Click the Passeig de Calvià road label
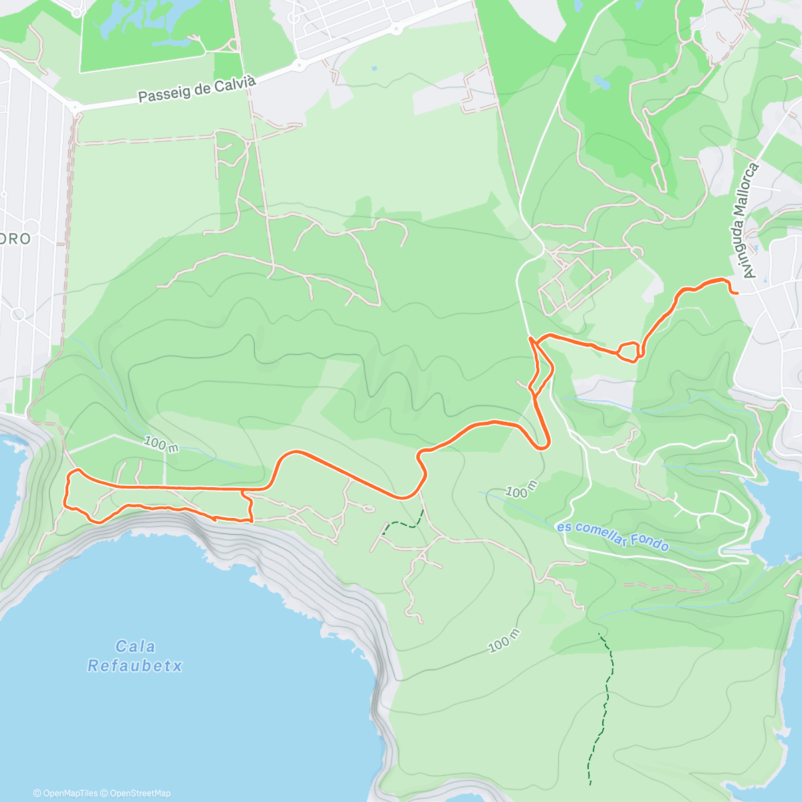pos(196,90)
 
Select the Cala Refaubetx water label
pos(135,656)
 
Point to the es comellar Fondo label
pos(613,537)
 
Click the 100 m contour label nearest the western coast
pos(161,444)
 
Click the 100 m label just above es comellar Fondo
pos(521,489)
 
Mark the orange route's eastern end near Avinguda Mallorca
pos(734,292)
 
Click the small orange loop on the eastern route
pos(628,351)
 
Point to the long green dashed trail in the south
pos(604,708)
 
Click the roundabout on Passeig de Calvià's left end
pos(74,107)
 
